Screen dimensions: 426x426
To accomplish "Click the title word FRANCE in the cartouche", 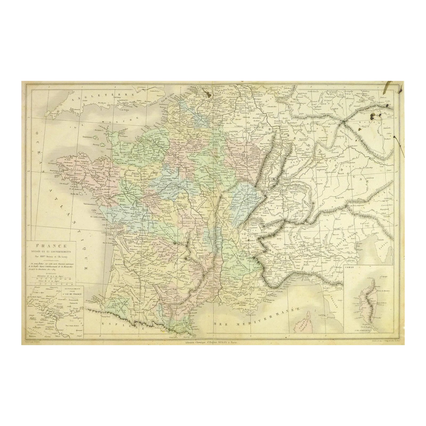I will coord(50,247).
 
